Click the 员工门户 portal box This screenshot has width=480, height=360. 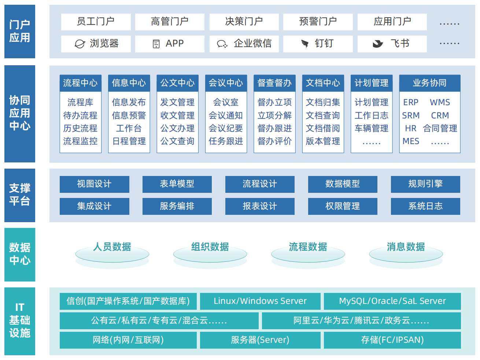pos(96,22)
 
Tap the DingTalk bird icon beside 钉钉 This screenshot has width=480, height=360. pos(304,44)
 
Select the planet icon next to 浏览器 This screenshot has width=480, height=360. pos(80,44)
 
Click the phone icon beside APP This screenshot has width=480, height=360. pos(156,44)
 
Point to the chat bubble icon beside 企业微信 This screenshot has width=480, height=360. pos(222,44)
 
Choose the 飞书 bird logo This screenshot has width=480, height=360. pos(378,44)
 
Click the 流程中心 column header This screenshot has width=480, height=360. pos(81,83)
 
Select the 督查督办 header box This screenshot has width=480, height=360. pos(274,83)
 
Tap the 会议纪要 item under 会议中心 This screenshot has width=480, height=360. pos(226,128)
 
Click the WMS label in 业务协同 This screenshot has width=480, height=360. pos(440,102)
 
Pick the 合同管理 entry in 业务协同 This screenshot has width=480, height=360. pos(440,128)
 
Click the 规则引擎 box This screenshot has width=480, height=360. pos(425,184)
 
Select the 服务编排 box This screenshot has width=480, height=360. pos(177,206)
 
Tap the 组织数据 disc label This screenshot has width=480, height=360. pos(210,247)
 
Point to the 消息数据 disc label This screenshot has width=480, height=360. pos(406,247)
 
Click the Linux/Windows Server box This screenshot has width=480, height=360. pos(260,301)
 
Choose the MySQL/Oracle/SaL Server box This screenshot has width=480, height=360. pos(392,301)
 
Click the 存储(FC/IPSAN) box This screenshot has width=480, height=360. pos(392,340)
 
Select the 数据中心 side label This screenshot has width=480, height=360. pos(20,254)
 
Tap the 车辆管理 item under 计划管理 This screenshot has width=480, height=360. pos(371,128)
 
